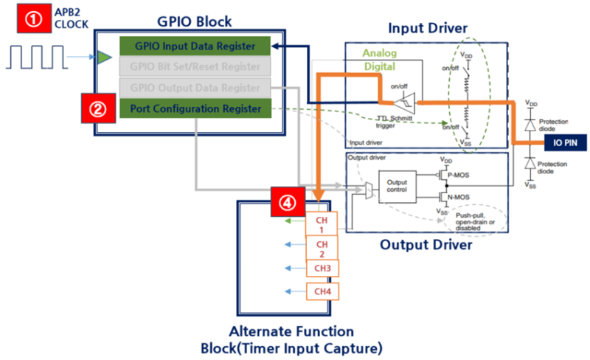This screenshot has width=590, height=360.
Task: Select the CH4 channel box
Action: coord(322,291)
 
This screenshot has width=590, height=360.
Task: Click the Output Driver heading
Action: coord(426,245)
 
